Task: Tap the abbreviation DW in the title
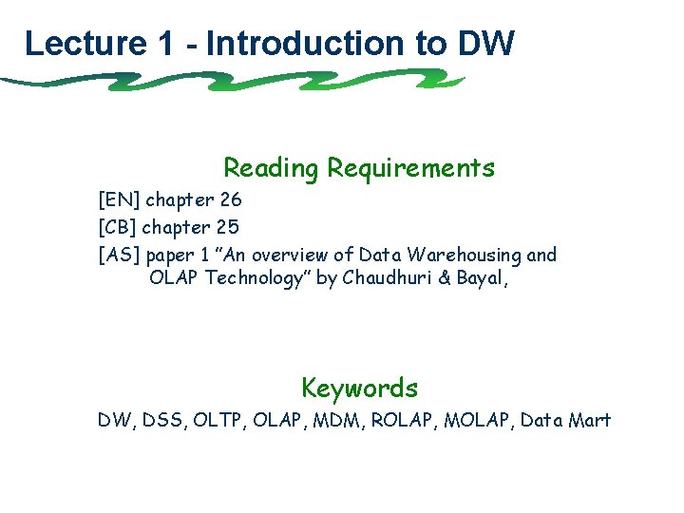tap(485, 43)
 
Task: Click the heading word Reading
tap(271, 169)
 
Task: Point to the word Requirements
tap(410, 169)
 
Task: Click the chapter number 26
tap(230, 200)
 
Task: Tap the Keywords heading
tap(359, 389)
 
